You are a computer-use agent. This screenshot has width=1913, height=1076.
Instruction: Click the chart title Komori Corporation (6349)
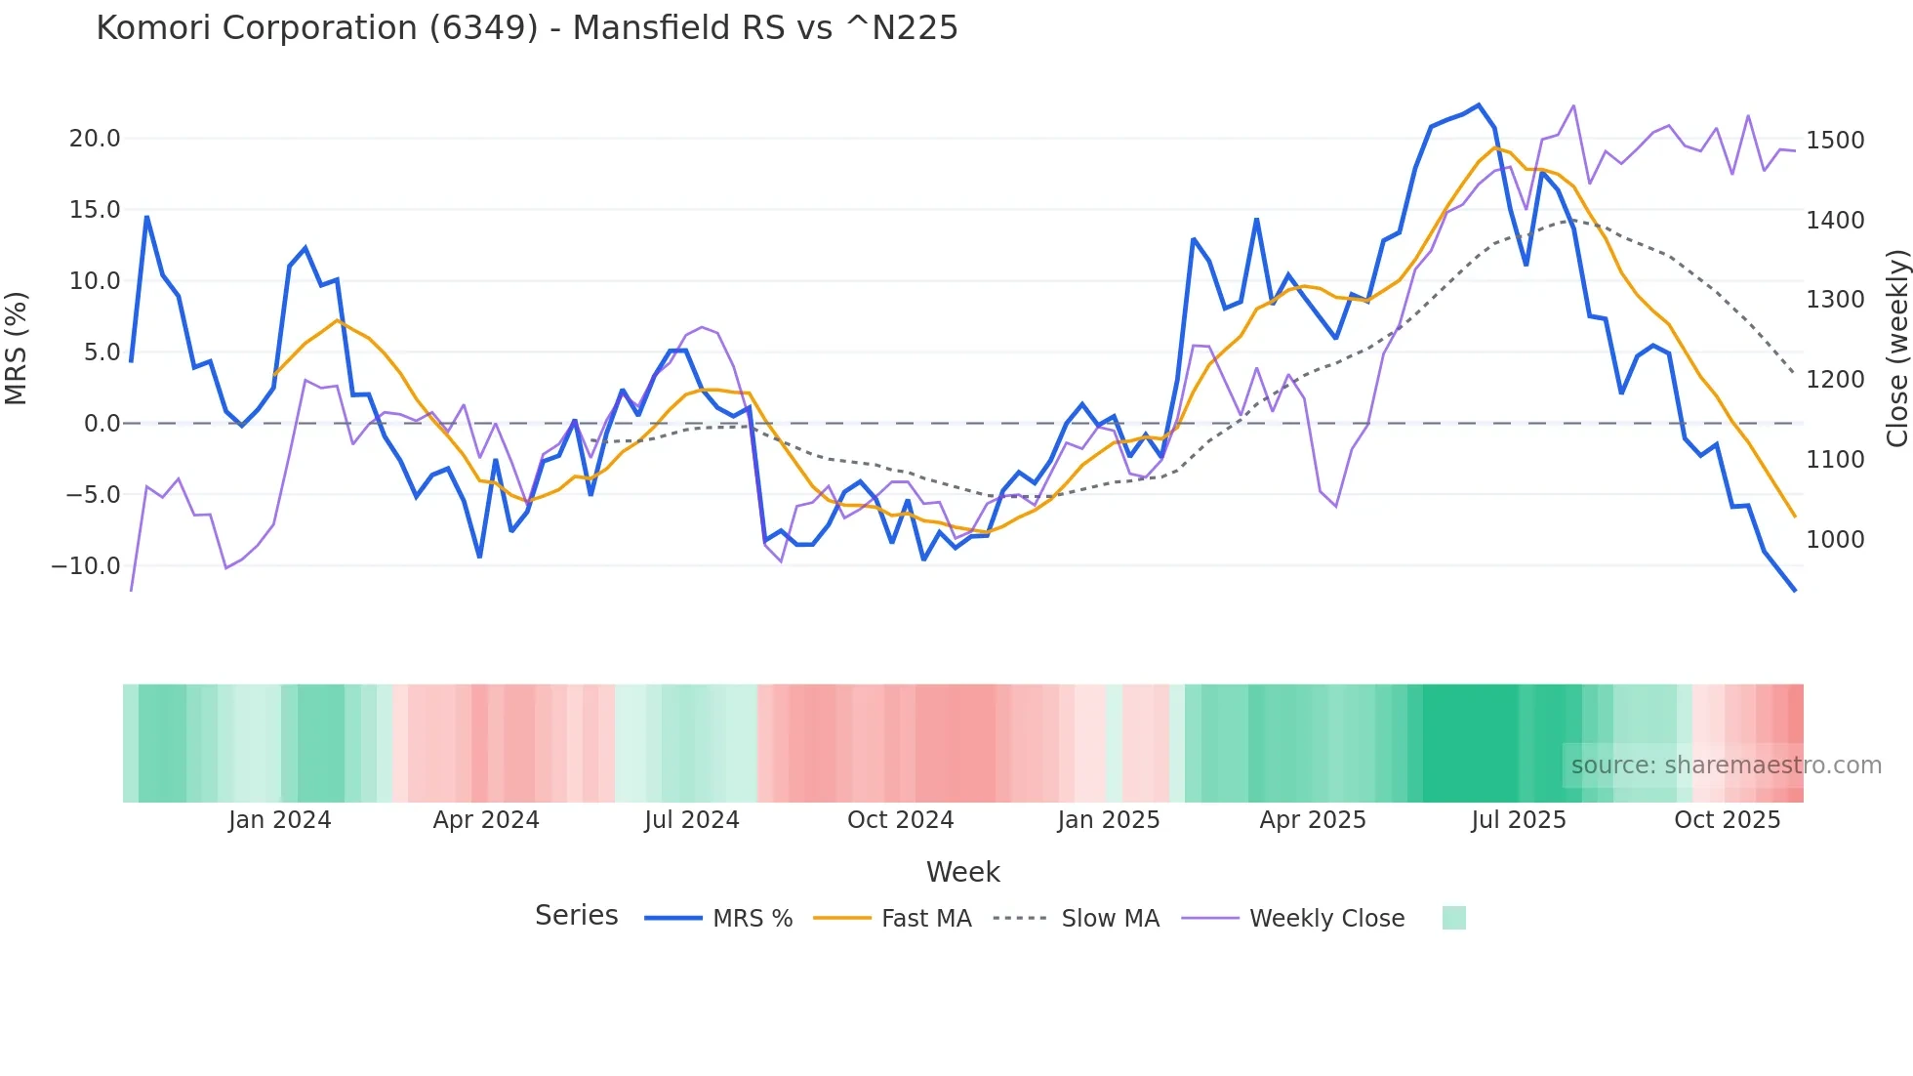[x=527, y=28]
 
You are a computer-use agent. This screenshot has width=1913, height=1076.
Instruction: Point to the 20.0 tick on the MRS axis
[x=95, y=139]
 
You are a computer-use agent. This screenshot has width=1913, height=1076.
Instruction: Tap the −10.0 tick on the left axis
[x=86, y=566]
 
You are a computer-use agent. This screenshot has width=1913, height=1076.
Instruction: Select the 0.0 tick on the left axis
[x=102, y=424]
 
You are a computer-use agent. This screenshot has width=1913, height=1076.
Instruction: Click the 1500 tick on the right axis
[x=1835, y=141]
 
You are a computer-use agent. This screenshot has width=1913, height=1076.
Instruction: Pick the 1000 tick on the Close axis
[x=1835, y=540]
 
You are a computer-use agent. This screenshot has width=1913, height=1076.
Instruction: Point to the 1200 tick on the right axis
[x=1835, y=380]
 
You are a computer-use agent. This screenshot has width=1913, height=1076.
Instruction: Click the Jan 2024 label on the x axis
[x=280, y=820]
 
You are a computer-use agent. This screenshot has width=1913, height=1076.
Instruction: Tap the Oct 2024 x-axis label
[x=900, y=820]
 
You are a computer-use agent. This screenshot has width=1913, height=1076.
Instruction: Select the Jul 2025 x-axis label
[x=1519, y=820]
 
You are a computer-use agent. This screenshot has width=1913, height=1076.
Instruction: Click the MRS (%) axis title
[x=17, y=349]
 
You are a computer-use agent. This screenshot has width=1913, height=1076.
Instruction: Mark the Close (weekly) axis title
[x=1896, y=349]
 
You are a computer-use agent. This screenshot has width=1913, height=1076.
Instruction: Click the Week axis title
[x=962, y=872]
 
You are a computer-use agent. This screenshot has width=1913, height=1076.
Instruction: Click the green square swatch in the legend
[x=1453, y=918]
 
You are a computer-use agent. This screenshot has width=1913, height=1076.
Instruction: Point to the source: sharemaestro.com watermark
[x=1726, y=766]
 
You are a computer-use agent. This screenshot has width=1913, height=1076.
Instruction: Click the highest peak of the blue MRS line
[x=1479, y=105]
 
